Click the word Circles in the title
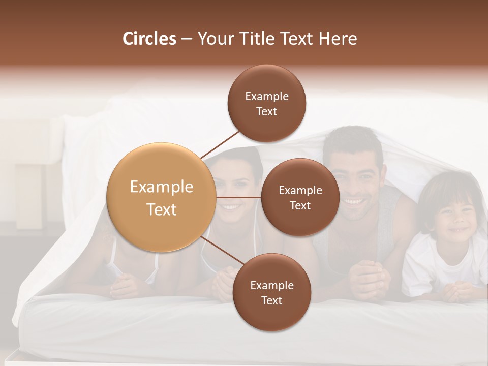click(x=149, y=39)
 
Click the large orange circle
click(x=161, y=197)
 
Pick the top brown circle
click(x=267, y=103)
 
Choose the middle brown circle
click(x=300, y=197)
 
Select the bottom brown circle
click(x=271, y=292)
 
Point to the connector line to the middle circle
click(x=239, y=197)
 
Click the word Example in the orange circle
click(x=161, y=187)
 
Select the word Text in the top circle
click(x=267, y=112)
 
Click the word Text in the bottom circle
click(x=271, y=301)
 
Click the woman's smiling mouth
click(x=231, y=207)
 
